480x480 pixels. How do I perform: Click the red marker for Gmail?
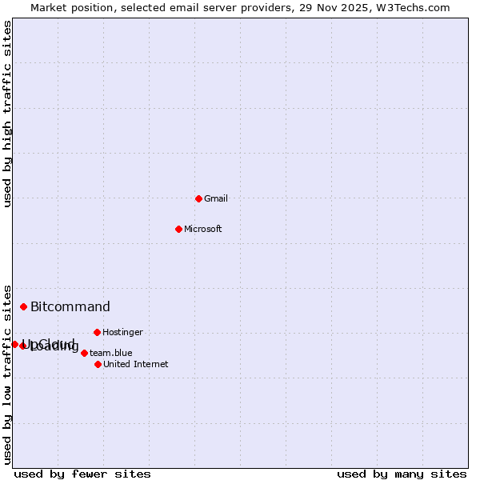[198, 198]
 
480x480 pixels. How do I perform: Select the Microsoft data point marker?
[178, 229]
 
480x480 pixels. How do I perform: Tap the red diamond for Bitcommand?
[23, 306]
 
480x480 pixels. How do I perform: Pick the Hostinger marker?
[97, 332]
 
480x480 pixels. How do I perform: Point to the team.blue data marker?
[84, 353]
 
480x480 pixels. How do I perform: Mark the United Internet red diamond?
[98, 364]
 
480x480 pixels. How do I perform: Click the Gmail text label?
[216, 198]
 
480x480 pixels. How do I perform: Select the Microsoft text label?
[203, 229]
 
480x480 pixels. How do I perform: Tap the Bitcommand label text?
[70, 306]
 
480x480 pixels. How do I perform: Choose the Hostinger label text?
[123, 332]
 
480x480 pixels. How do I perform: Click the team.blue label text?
[111, 353]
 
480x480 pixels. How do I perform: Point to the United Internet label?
[136, 364]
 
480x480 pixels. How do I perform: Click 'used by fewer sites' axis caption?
[82, 474]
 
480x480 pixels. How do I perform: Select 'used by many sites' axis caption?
[402, 474]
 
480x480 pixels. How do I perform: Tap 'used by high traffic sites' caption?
[7, 114]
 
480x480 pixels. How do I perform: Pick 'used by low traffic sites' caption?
[7, 374]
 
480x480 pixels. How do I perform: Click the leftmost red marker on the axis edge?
[14, 344]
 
